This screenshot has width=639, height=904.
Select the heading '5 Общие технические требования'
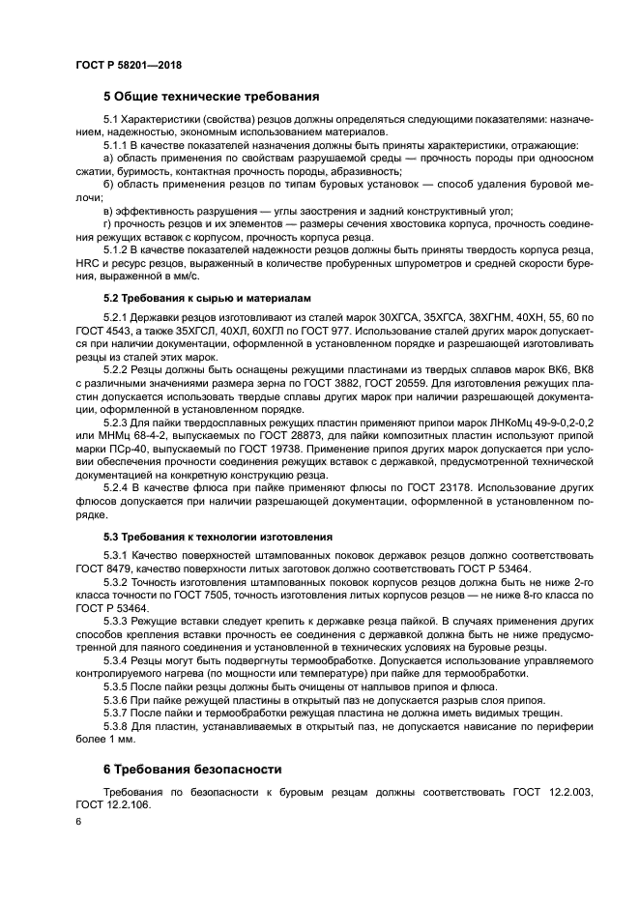pyautogui.click(x=212, y=97)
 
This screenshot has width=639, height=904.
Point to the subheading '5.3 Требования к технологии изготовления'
pyautogui.click(x=218, y=536)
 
